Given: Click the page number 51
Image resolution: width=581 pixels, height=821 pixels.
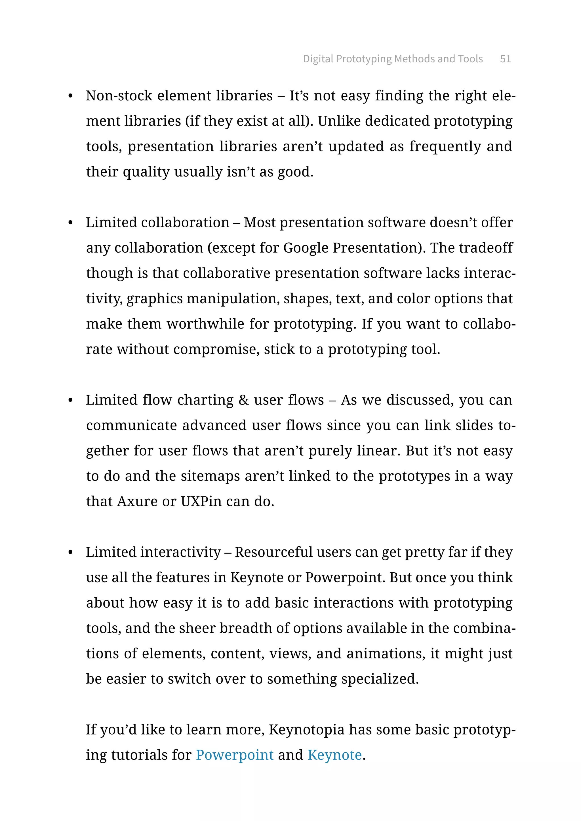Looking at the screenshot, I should tap(505, 59).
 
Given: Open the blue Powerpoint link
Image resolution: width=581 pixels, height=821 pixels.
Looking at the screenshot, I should tap(234, 755).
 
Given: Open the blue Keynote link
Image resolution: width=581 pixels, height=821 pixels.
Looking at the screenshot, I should tap(334, 755).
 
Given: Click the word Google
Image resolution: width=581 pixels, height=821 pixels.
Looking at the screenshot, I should tap(306, 248).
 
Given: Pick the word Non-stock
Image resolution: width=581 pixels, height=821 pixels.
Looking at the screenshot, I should tap(119, 96).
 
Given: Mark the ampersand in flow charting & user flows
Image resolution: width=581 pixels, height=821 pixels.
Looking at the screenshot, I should tap(244, 400).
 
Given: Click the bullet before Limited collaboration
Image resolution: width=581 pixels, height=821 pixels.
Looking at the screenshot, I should tap(70, 223).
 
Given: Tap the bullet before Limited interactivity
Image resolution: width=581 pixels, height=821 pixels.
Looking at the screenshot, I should tap(70, 553).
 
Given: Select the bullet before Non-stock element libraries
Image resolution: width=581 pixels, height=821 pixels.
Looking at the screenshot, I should tap(70, 96).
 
